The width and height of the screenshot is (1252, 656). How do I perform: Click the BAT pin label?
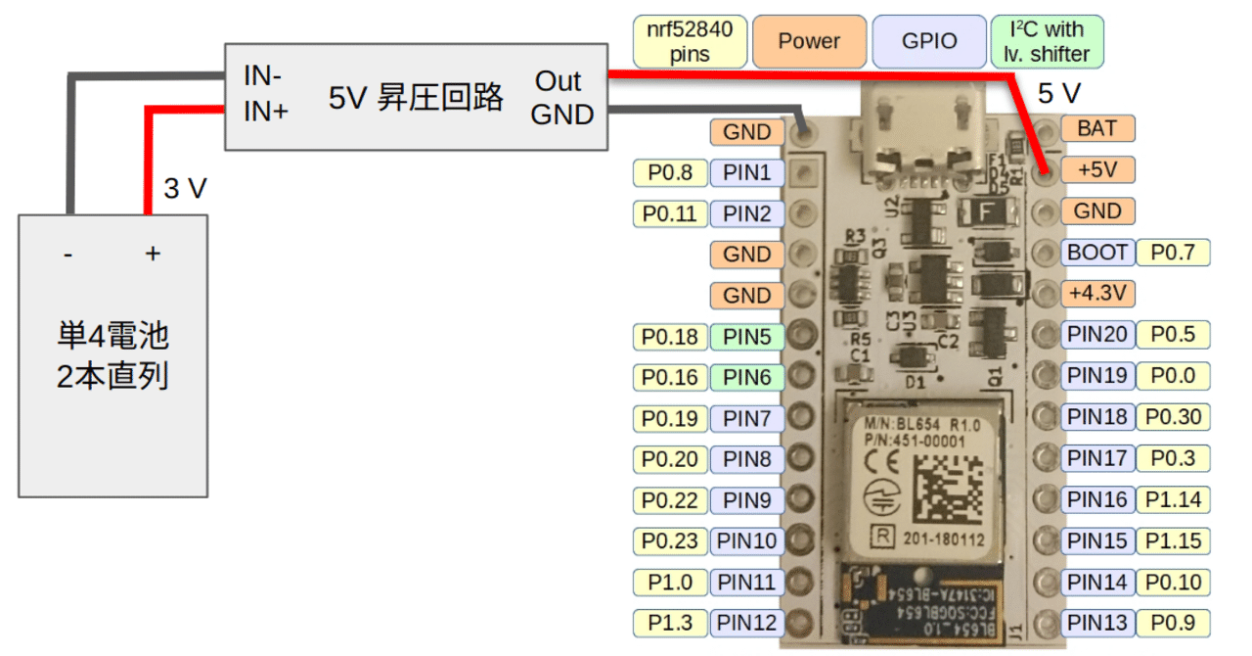tap(1097, 128)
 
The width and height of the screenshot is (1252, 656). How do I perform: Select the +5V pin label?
tap(1097, 169)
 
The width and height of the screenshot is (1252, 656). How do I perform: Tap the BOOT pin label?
tap(1097, 252)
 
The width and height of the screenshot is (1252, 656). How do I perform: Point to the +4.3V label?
tap(1097, 293)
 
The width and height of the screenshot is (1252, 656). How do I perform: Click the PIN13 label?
tap(1097, 622)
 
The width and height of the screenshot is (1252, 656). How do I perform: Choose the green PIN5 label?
tap(747, 337)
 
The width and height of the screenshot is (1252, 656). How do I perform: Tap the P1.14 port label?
tap(1173, 499)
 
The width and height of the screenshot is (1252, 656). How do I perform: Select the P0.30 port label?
tap(1173, 417)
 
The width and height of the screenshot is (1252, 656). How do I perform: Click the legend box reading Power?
tap(809, 41)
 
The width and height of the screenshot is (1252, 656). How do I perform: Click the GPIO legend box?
tap(928, 41)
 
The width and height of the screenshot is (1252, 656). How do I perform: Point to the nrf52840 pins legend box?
tap(690, 41)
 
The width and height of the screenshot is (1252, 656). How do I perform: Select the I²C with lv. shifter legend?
tap(1047, 41)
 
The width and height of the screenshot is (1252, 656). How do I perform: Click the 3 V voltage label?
tap(185, 188)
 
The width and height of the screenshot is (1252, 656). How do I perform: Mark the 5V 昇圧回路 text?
tap(416, 97)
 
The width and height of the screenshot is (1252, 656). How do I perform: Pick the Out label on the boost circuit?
tap(558, 81)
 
